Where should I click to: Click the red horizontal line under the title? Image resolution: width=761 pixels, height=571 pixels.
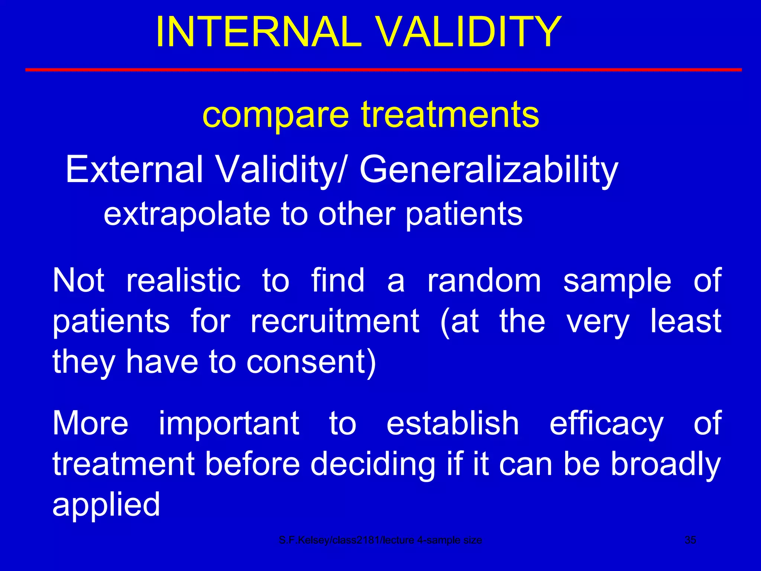(x=383, y=70)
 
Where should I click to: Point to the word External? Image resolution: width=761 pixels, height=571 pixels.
(x=134, y=170)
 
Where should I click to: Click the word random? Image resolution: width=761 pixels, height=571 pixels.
(x=484, y=281)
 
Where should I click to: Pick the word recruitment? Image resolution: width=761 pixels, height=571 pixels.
(x=335, y=321)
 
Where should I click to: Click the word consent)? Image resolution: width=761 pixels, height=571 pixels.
(x=311, y=362)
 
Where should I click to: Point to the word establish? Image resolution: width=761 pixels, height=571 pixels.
(x=452, y=423)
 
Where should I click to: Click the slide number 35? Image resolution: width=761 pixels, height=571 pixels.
(x=690, y=540)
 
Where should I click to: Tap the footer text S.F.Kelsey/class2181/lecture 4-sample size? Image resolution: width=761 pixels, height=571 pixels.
(x=380, y=540)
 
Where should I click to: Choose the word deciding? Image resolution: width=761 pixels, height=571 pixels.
(x=372, y=465)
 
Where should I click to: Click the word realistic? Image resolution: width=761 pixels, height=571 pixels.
(x=184, y=281)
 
